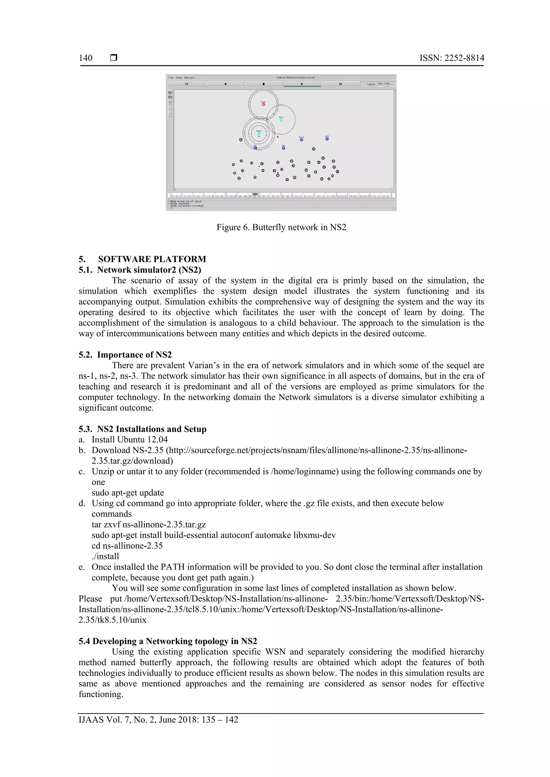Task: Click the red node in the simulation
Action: click(x=263, y=104)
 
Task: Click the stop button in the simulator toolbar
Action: click(x=263, y=84)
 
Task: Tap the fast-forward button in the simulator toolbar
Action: click(x=340, y=84)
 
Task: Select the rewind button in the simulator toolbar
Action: click(x=187, y=84)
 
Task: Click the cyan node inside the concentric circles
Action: click(x=259, y=133)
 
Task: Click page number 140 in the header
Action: click(x=85, y=58)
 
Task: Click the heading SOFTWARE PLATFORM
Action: click(x=152, y=259)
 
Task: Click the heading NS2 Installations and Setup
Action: click(x=151, y=429)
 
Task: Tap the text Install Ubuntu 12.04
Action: click(x=129, y=439)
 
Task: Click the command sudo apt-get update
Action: click(x=128, y=493)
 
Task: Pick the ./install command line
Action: click(x=105, y=556)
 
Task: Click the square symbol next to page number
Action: click(x=114, y=58)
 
